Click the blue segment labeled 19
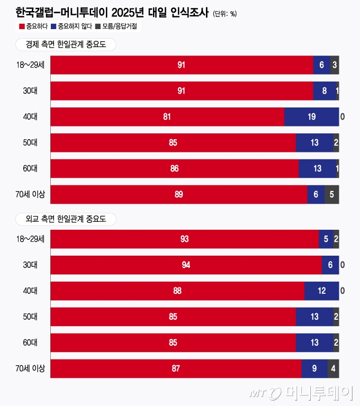(x=311, y=116)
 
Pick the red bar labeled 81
(x=167, y=116)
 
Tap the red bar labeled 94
(x=186, y=265)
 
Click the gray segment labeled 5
(x=331, y=194)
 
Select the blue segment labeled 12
(x=321, y=291)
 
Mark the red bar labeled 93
(x=184, y=239)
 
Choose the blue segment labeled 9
(x=314, y=368)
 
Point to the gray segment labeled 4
(x=333, y=368)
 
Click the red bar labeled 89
(x=178, y=194)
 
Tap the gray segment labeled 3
(x=335, y=65)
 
